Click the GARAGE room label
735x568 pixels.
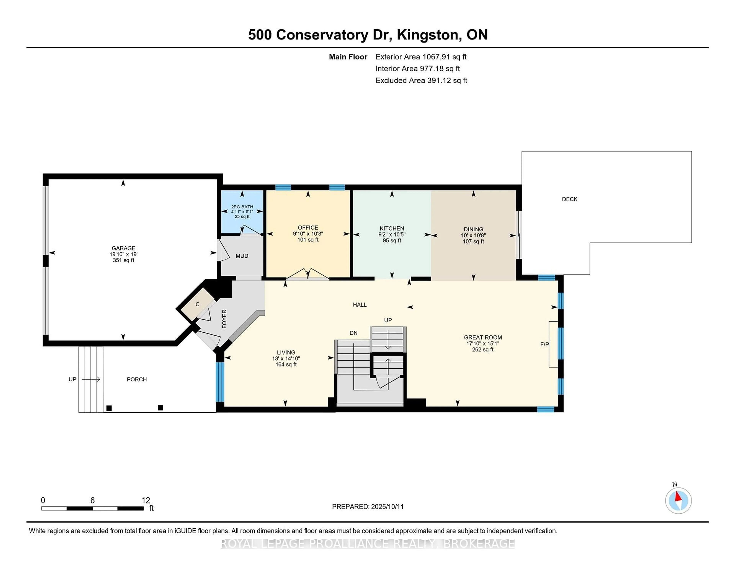tap(123, 248)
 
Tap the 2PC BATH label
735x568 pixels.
tap(242, 207)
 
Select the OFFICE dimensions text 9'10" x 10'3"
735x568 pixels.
tap(308, 233)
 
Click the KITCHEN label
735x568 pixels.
tap(392, 228)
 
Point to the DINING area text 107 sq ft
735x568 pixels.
tap(473, 241)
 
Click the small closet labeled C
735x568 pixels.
tap(198, 304)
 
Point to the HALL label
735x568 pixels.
tap(359, 304)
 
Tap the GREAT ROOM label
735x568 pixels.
tap(483, 337)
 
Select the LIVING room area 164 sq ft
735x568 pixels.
tap(286, 364)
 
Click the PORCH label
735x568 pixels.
tap(137, 379)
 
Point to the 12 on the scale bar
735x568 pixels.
tap(146, 500)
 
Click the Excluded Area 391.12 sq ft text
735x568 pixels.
tap(421, 80)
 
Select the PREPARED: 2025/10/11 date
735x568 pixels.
tap(367, 507)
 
